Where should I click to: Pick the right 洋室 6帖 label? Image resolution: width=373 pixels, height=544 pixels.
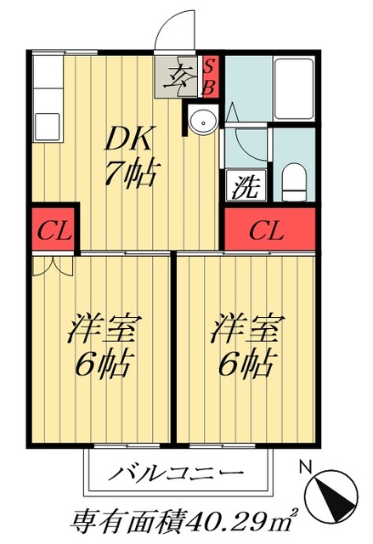click(246, 347)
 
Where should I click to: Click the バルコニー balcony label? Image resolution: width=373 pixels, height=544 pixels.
click(177, 472)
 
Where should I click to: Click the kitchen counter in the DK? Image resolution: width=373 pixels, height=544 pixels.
click(43, 119)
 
